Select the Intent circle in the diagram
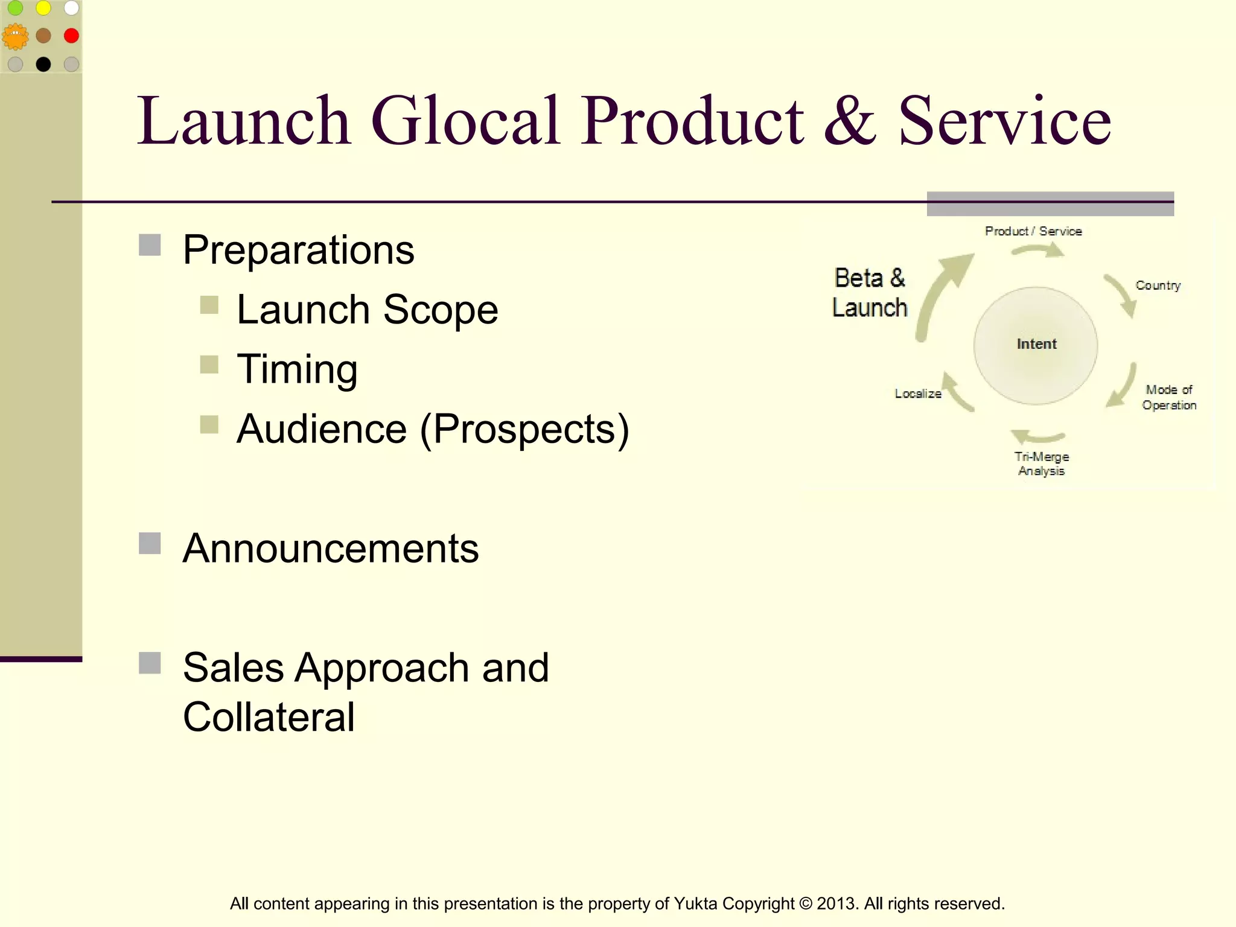1036,345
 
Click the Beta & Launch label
870,293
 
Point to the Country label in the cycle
1158,285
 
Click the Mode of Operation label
1169,397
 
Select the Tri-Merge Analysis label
1041,463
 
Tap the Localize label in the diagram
917,393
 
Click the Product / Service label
1033,231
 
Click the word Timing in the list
297,369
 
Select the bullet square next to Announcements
150,543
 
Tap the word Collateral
269,717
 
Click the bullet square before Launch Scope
209,305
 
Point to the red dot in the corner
71,36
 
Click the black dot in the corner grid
43,64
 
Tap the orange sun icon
15,37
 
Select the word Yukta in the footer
695,903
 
